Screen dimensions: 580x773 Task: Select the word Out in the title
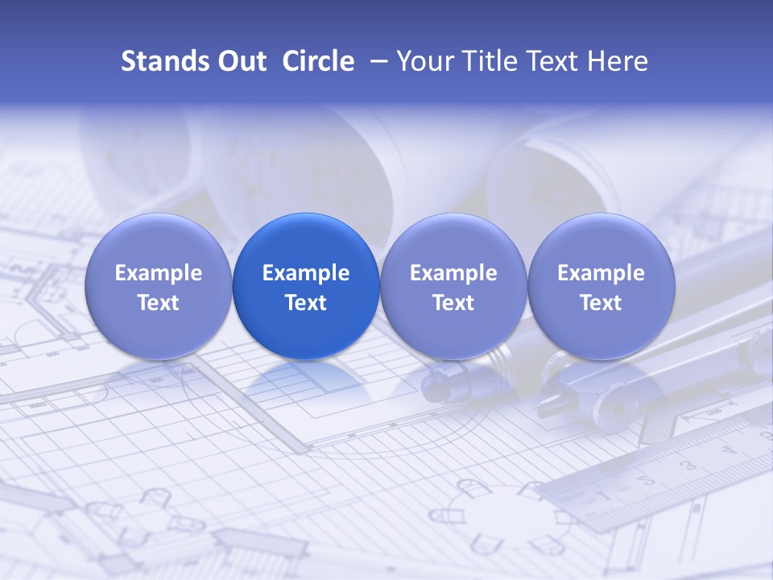point(242,61)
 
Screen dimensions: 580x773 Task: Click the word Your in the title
point(425,61)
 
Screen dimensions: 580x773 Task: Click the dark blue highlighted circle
point(306,287)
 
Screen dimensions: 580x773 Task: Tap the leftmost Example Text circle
point(158,287)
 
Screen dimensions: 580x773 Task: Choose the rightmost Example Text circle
point(601,287)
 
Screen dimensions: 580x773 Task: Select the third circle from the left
point(453,287)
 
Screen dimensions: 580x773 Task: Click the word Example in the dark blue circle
point(306,273)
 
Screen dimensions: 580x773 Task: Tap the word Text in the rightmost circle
point(601,303)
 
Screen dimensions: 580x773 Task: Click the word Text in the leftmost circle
point(158,303)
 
